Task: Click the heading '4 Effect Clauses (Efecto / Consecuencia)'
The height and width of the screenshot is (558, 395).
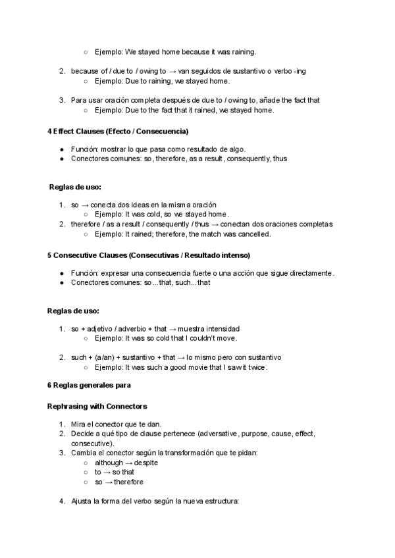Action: click(118, 131)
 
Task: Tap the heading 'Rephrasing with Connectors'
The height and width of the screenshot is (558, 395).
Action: click(97, 406)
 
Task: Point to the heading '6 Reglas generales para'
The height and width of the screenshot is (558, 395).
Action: click(89, 385)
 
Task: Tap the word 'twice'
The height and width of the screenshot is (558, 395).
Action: click(257, 367)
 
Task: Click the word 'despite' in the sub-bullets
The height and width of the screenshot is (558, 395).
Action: click(145, 463)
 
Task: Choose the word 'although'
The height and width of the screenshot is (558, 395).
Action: click(109, 463)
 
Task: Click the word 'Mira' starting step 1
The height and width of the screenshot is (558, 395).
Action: click(79, 424)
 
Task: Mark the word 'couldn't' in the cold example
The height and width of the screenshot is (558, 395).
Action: click(197, 338)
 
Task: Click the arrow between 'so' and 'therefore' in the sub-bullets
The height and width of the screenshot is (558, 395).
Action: click(109, 482)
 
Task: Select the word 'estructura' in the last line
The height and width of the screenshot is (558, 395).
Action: click(221, 501)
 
